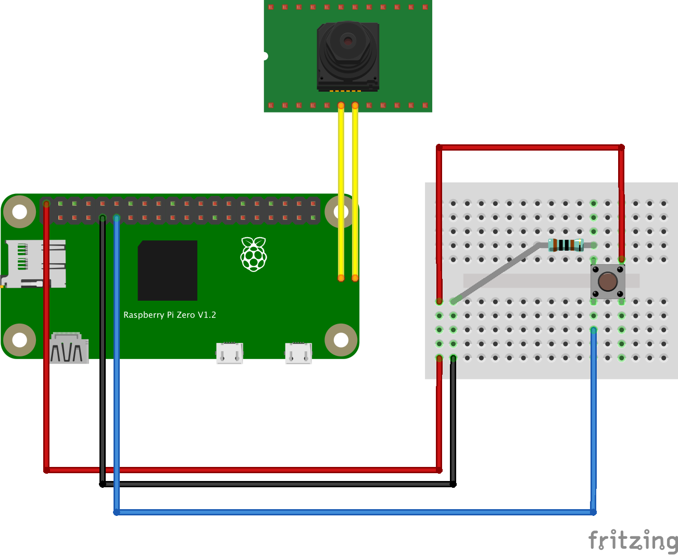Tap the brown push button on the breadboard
pyautogui.click(x=608, y=281)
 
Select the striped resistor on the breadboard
pyautogui.click(x=566, y=245)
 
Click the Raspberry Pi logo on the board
pyautogui.click(x=254, y=254)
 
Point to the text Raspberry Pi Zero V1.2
pyautogui.click(x=170, y=315)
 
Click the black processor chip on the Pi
pyautogui.click(x=168, y=270)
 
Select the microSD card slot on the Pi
pyautogui.click(x=34, y=264)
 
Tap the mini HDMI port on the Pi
pyautogui.click(x=69, y=349)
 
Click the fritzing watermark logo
pyautogui.click(x=633, y=540)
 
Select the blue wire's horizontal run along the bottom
pyautogui.click(x=354, y=512)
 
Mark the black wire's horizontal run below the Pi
pyautogui.click(x=276, y=484)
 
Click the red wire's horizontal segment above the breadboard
pyautogui.click(x=530, y=147)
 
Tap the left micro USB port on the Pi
pyautogui.click(x=230, y=353)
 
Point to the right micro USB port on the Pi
pyautogui.click(x=298, y=353)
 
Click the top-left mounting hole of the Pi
pyautogui.click(x=20, y=212)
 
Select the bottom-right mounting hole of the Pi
pyautogui.click(x=341, y=340)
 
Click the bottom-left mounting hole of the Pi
pyautogui.click(x=20, y=340)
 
